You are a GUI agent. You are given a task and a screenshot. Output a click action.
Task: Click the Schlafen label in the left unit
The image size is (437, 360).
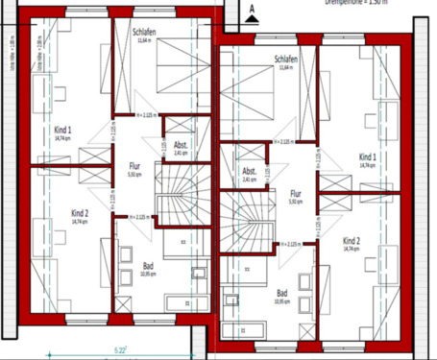pyautogui.click(x=145, y=32)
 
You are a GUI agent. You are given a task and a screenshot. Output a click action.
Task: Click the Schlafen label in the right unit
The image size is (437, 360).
pyautogui.click(x=283, y=60)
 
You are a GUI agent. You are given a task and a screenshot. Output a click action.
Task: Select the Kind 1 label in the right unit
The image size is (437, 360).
pyautogui.click(x=366, y=156)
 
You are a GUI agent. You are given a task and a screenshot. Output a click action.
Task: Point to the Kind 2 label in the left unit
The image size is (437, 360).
pyautogui.click(x=81, y=213)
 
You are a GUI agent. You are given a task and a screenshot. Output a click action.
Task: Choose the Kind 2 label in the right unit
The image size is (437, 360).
pyautogui.click(x=352, y=240)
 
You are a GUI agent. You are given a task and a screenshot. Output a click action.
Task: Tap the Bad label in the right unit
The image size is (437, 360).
pyautogui.click(x=282, y=294)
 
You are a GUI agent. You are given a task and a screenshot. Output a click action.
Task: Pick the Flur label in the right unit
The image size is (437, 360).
pyautogui.click(x=297, y=193)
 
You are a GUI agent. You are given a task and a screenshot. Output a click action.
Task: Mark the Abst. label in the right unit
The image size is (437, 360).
pyautogui.click(x=250, y=170)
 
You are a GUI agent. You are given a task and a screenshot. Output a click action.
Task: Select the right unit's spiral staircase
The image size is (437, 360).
pyautogui.click(x=252, y=226)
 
